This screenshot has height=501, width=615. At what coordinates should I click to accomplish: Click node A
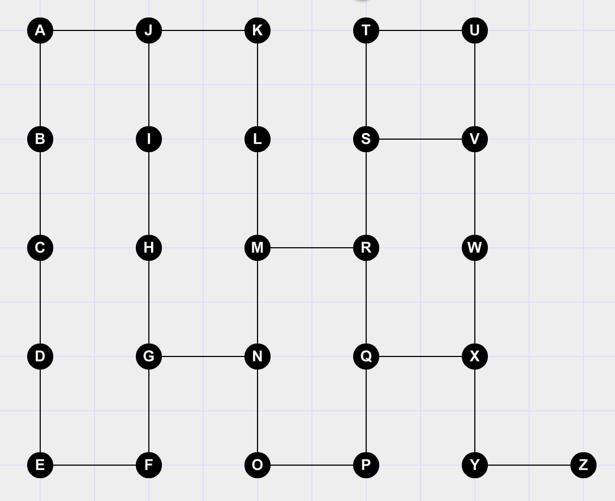tap(40, 30)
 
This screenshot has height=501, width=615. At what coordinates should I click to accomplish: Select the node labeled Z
tap(583, 465)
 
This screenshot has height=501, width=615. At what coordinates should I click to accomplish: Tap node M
tap(258, 248)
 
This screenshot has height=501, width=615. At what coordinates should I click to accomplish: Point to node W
tap(475, 248)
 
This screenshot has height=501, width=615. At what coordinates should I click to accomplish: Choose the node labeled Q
tap(366, 356)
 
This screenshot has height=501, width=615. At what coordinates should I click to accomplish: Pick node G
tap(149, 356)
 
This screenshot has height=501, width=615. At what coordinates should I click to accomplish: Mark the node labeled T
tap(366, 30)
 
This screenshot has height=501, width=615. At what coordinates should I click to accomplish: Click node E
tap(40, 465)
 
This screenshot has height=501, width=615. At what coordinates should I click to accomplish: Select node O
tap(258, 465)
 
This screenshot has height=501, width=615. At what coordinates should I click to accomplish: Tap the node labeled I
tap(149, 139)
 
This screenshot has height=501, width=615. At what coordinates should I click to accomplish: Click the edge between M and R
tap(312, 248)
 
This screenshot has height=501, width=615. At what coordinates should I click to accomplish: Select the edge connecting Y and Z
tap(529, 465)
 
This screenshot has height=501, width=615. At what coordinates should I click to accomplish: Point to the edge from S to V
tap(421, 139)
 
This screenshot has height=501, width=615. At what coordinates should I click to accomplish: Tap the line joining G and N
tap(203, 356)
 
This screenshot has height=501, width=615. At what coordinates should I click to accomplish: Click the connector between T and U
tap(421, 30)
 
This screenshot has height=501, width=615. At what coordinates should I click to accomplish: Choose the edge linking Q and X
tap(421, 356)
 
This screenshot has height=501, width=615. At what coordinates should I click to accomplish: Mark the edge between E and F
tap(95, 465)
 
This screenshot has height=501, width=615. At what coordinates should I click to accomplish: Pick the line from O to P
tap(312, 465)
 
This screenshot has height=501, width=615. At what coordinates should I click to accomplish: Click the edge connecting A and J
tap(95, 30)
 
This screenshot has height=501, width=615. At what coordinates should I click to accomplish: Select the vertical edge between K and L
tap(258, 85)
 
